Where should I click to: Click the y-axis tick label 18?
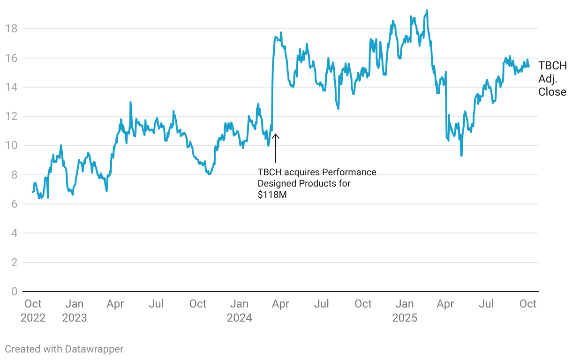coord(11,29)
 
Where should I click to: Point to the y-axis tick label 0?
coord(14,292)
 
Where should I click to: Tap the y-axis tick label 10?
coord(11,146)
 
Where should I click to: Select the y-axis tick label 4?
coord(14,233)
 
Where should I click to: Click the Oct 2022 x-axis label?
coord(33,311)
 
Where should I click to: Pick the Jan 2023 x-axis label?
coord(74,311)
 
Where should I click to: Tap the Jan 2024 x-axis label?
coord(240,311)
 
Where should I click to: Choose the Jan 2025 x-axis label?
coord(405,311)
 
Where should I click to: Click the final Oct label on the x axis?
coord(528,304)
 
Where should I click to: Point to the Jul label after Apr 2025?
coord(486,304)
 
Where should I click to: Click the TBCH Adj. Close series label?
coord(552,79)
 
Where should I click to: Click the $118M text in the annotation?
coord(272,195)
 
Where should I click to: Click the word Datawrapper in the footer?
coord(94,349)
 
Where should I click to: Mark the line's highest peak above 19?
coord(427,10)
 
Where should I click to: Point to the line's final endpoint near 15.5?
coord(529,66)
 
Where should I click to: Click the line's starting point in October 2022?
coord(32,192)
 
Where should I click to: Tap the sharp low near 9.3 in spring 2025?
coord(461,156)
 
